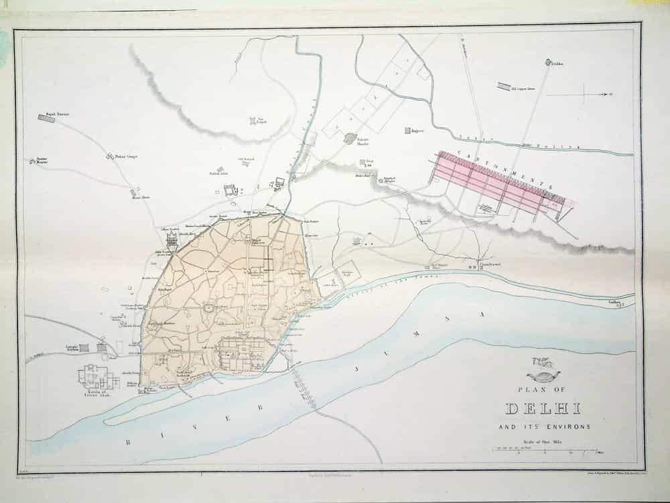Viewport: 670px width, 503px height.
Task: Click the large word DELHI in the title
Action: click(544, 409)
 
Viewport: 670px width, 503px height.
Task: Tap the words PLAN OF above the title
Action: click(543, 388)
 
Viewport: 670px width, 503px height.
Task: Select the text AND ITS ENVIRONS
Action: click(544, 427)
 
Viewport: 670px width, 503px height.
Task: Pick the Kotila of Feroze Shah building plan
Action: click(92, 377)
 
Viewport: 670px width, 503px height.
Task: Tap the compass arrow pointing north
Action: click(596, 95)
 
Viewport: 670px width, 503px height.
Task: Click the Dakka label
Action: click(557, 64)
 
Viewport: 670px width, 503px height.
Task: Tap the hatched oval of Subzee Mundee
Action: click(350, 138)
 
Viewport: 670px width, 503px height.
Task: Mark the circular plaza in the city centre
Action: click(208, 309)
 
